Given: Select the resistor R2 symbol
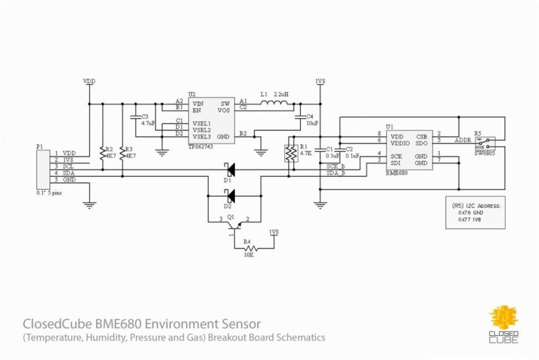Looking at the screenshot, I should [101, 154].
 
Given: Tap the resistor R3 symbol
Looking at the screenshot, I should [122, 154].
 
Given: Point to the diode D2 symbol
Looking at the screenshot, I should [229, 195].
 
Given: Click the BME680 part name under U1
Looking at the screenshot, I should [397, 173].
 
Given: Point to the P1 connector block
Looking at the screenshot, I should [44, 168].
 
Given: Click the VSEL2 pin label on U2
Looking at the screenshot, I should [202, 129].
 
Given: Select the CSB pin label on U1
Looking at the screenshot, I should [422, 136].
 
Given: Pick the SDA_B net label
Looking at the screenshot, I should [335, 173].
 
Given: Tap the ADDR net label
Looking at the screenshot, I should [463, 140].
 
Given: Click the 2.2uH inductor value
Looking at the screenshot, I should [282, 94].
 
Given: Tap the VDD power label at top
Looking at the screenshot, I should [89, 82].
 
